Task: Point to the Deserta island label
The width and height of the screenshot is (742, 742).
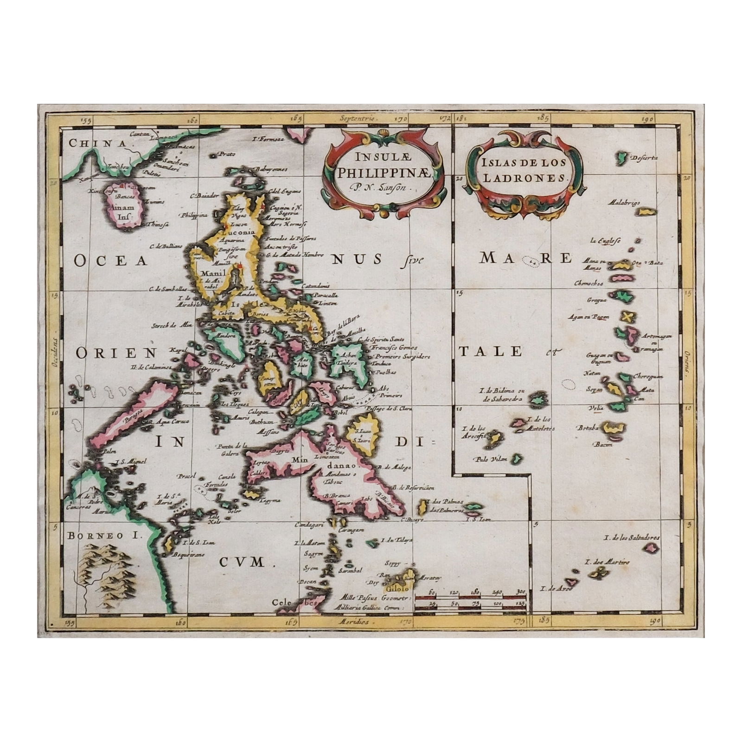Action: pyautogui.click(x=645, y=158)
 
